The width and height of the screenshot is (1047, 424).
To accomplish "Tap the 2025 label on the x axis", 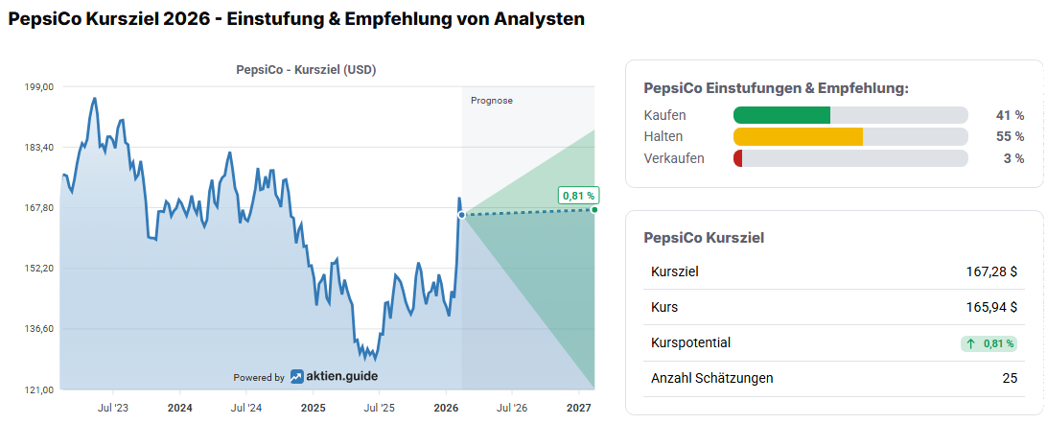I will (x=313, y=408).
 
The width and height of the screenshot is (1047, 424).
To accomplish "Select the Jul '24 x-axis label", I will (x=246, y=408).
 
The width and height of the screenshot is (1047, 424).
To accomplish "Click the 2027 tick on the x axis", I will (x=578, y=408).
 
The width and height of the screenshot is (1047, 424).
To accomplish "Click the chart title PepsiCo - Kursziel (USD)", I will (x=306, y=69).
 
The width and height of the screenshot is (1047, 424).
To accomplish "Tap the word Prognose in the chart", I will (x=492, y=100).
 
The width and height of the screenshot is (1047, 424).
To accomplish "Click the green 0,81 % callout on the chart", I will (x=578, y=196).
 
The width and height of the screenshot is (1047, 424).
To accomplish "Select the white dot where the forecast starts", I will (x=461, y=215).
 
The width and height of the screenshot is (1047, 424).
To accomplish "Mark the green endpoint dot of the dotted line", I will (x=594, y=209).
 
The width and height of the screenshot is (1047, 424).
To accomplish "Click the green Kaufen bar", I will (x=781, y=115).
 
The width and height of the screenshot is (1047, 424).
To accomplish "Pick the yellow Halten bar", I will (x=798, y=136).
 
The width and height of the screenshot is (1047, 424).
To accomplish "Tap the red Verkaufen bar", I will (x=737, y=158).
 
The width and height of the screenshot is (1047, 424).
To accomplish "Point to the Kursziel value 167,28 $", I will (x=991, y=271).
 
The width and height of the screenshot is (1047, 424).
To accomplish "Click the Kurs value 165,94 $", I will (x=991, y=307).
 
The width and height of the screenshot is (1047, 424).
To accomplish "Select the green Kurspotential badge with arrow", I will (x=989, y=342).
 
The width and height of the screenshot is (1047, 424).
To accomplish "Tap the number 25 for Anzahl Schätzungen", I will (x=1010, y=378).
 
